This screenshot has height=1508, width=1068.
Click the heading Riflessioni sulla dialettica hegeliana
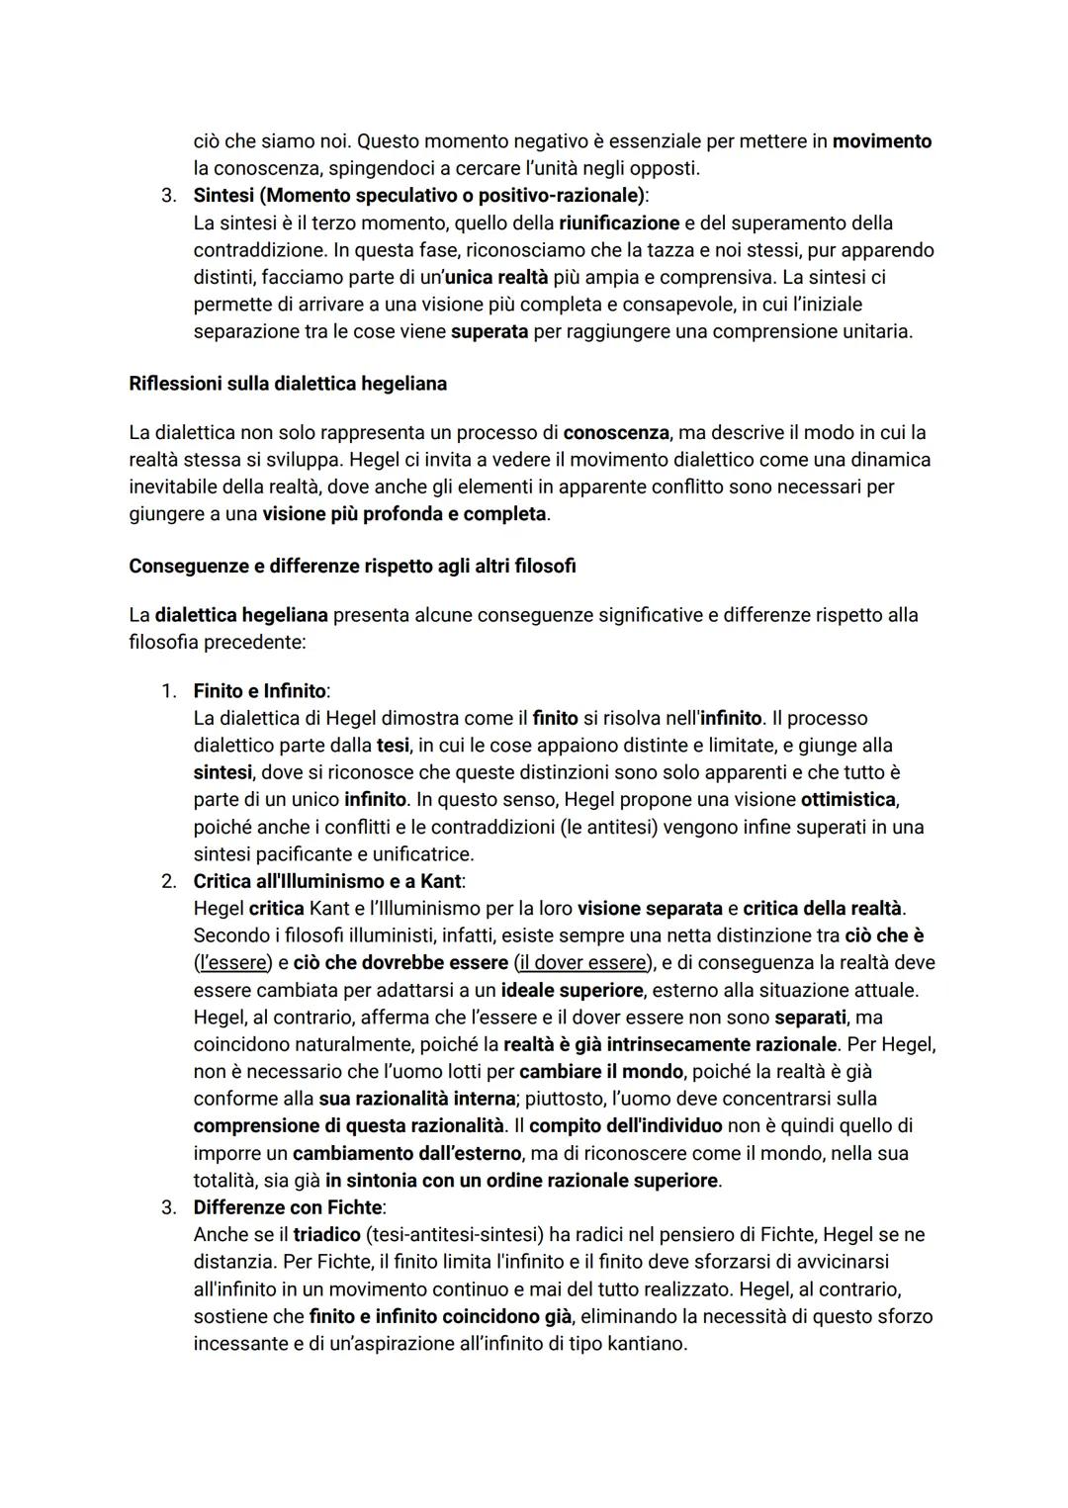(x=287, y=384)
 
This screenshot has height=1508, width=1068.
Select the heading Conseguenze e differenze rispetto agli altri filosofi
(x=352, y=567)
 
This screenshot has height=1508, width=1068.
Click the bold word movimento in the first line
(x=882, y=141)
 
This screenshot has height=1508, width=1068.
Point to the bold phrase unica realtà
(x=495, y=278)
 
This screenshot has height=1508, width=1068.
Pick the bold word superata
(x=489, y=332)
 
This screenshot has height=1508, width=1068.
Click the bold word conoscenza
(x=616, y=433)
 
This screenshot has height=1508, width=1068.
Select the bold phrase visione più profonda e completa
(x=403, y=514)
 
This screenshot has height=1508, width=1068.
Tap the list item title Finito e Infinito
(x=259, y=691)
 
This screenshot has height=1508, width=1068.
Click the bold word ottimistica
(x=848, y=799)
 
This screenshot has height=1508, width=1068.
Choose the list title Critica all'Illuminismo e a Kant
(x=327, y=881)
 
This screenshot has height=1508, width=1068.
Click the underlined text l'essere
(x=232, y=963)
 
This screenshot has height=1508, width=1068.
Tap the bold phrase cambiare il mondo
(x=600, y=1072)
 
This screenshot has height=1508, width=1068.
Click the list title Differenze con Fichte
(x=288, y=1207)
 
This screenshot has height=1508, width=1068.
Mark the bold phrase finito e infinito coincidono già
(x=440, y=1316)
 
